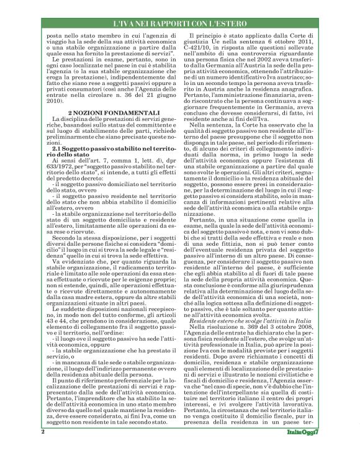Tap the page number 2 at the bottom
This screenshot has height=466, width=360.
coord(42,448)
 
